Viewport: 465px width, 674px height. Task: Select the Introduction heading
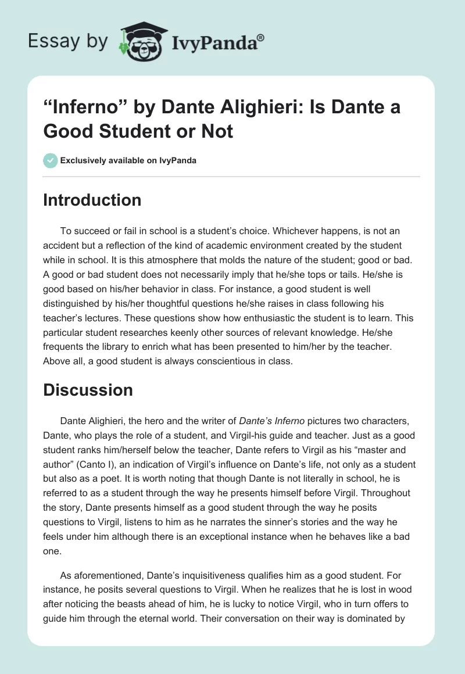coord(92,200)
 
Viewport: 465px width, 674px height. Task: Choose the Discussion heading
coord(88,390)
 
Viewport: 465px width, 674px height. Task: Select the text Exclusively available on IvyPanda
coord(128,161)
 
